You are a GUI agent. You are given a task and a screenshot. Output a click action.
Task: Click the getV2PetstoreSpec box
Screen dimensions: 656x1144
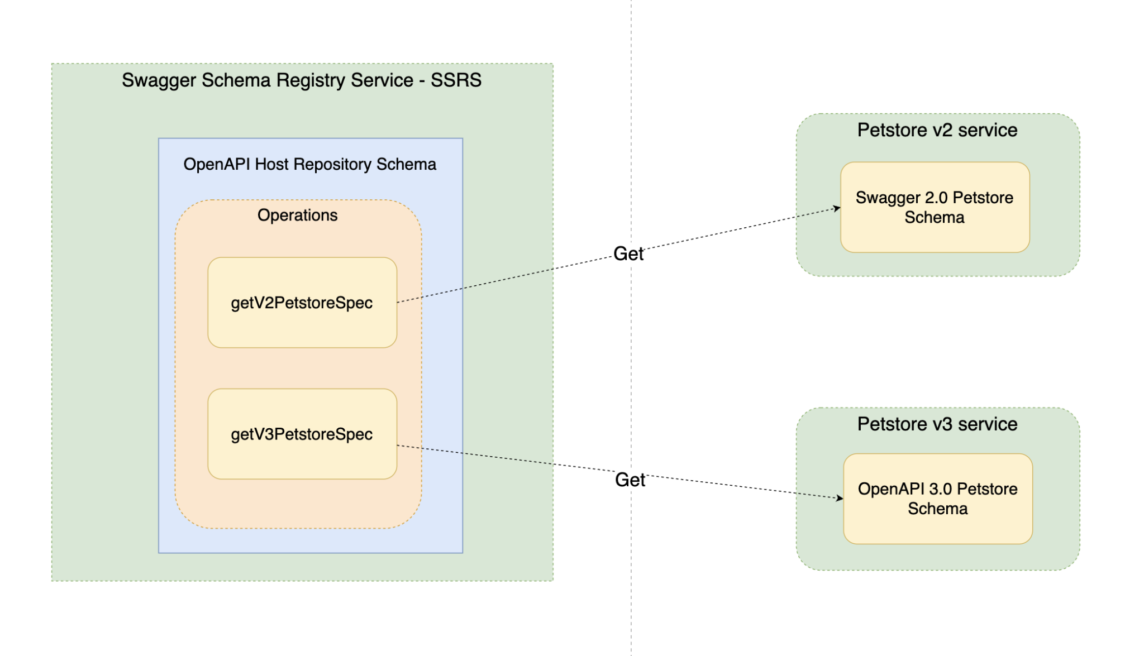coord(302,303)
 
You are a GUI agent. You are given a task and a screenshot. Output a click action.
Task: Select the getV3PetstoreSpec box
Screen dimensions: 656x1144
coord(302,434)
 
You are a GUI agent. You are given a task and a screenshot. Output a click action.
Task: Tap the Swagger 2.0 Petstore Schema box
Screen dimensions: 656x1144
coord(935,207)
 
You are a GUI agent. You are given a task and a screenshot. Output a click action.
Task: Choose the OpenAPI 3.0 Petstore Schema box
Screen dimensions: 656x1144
coord(937,499)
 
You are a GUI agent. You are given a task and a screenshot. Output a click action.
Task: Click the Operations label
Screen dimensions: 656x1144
coord(297,215)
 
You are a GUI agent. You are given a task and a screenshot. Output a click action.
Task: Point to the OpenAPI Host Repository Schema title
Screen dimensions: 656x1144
coord(309,164)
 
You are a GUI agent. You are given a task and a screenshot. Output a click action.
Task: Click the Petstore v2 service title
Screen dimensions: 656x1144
coord(937,130)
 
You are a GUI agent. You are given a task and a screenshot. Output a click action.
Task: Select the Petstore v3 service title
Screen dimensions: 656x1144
coord(937,424)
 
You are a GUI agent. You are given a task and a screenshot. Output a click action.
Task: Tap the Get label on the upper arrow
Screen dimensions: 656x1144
coord(628,254)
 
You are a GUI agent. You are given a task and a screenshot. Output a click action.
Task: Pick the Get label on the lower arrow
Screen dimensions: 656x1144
coord(630,480)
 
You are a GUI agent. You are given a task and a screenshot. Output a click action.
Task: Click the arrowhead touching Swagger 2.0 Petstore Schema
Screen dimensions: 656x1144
coord(837,208)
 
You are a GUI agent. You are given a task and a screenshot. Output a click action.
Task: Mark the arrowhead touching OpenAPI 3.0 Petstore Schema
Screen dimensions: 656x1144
coord(840,497)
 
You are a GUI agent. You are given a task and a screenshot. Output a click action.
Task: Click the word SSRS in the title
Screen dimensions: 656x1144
coord(456,80)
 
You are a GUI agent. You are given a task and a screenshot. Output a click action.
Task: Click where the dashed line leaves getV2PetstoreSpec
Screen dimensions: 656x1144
coord(398,302)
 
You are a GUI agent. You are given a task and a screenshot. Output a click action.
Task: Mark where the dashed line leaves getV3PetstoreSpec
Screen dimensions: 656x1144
coord(398,445)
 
